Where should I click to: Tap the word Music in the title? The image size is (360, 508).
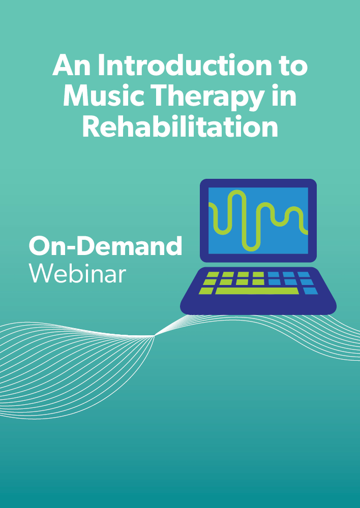pos(103,96)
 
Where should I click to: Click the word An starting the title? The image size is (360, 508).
pos(72,66)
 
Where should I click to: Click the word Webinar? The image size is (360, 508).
pos(77,273)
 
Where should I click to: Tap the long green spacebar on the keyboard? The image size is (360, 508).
pos(257,291)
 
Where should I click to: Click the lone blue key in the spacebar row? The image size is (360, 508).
pos(311,291)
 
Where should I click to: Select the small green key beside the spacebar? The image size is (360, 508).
pos(206,291)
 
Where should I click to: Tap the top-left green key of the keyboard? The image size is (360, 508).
pos(213,274)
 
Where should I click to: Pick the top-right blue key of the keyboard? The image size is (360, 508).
pos(304,274)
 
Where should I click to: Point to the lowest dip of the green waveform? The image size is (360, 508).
pos(251,249)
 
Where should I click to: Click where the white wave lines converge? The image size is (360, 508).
pos(155,336)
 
